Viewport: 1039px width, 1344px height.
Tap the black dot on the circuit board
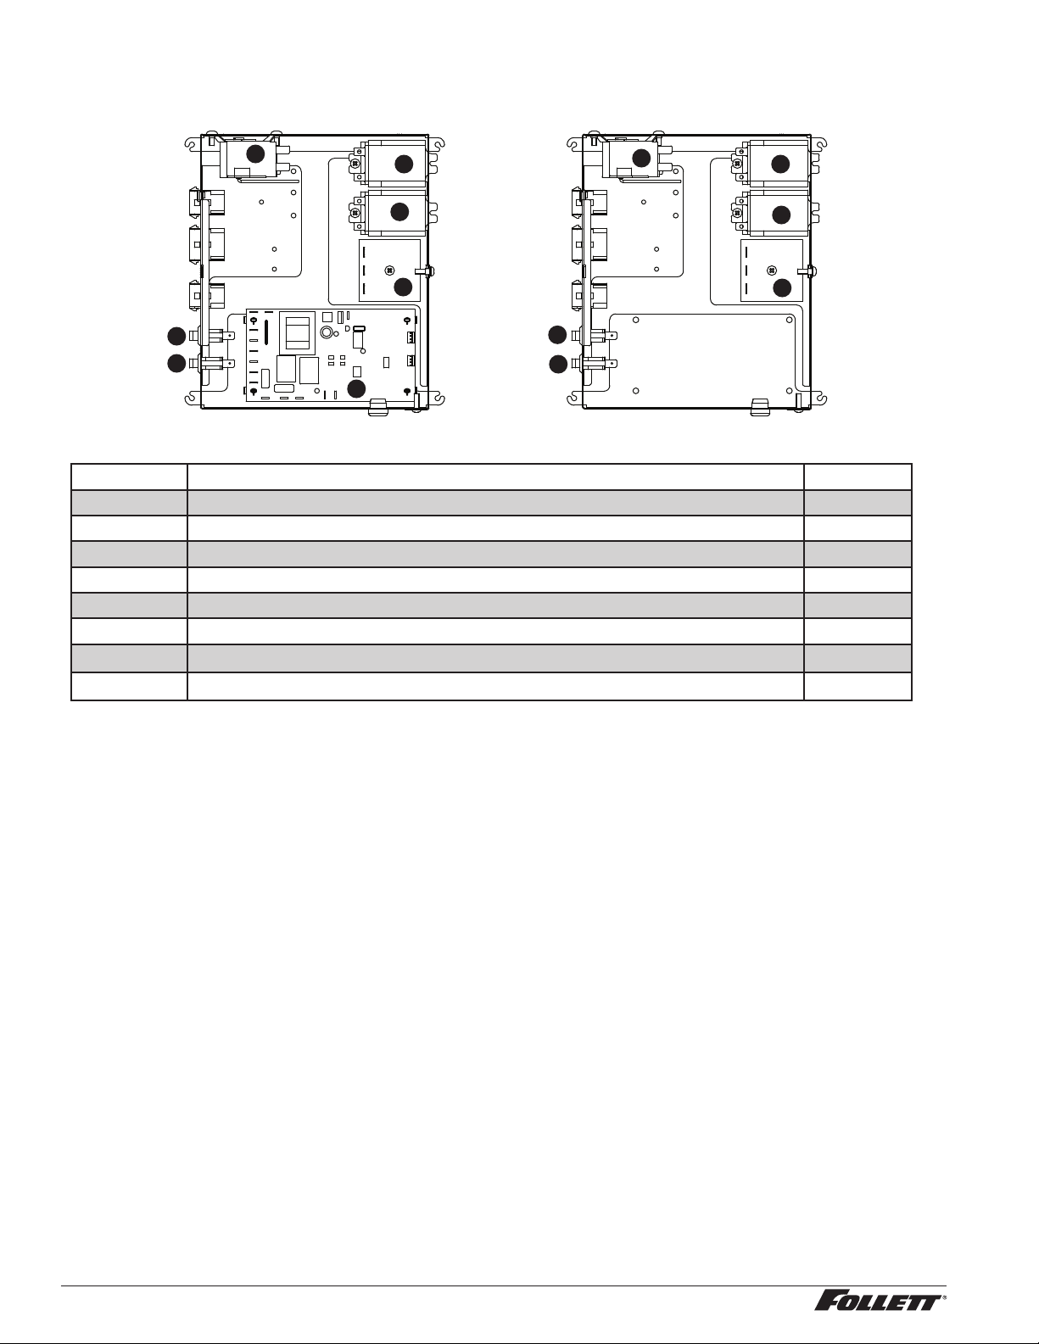pyautogui.click(x=355, y=389)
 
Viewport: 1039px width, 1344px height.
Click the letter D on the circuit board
pyautogui.click(x=348, y=328)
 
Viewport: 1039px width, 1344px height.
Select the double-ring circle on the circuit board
pyautogui.click(x=326, y=332)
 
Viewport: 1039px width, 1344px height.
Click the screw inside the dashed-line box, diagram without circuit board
pyautogui.click(x=771, y=270)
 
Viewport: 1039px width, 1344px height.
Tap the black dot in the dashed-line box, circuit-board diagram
pyautogui.click(x=403, y=287)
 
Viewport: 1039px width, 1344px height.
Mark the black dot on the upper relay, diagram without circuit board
pyautogui.click(x=780, y=164)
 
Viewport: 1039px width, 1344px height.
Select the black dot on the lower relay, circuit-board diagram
pyautogui.click(x=400, y=211)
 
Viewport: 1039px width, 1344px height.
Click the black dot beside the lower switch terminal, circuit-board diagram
pyautogui.click(x=176, y=364)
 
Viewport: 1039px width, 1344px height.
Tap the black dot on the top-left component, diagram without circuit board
pyautogui.click(x=641, y=158)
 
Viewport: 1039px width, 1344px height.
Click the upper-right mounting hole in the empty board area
pyautogui.click(x=789, y=320)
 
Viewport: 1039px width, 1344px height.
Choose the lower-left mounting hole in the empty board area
pyautogui.click(x=636, y=390)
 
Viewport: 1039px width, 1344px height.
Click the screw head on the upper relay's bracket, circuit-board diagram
pyautogui.click(x=356, y=164)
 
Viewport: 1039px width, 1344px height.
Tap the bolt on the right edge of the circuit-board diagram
pyautogui.click(x=426, y=270)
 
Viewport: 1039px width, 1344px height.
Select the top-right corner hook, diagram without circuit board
pyautogui.click(x=821, y=143)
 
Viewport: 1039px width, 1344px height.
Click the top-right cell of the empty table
pyautogui.click(x=857, y=477)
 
